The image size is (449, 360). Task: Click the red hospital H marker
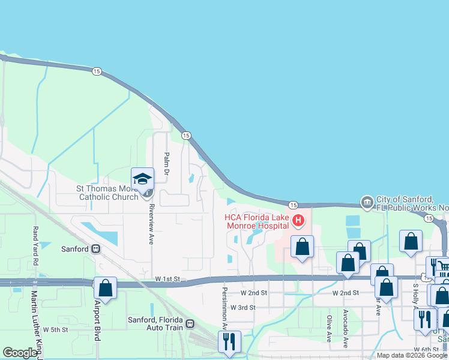point(298,221)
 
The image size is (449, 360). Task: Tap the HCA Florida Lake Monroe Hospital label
point(258,221)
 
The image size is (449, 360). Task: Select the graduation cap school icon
point(143,178)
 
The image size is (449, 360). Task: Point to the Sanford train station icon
point(95,248)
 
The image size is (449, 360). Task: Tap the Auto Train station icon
point(190,324)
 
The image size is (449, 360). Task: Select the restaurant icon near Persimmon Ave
point(229,341)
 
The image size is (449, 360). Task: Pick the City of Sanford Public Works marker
point(367,202)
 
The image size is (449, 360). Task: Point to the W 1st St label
point(167,279)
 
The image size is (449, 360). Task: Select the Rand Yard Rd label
point(35,246)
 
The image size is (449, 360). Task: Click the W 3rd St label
point(243,307)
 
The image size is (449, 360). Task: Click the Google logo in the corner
point(20,353)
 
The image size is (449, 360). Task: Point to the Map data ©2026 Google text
point(412,355)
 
